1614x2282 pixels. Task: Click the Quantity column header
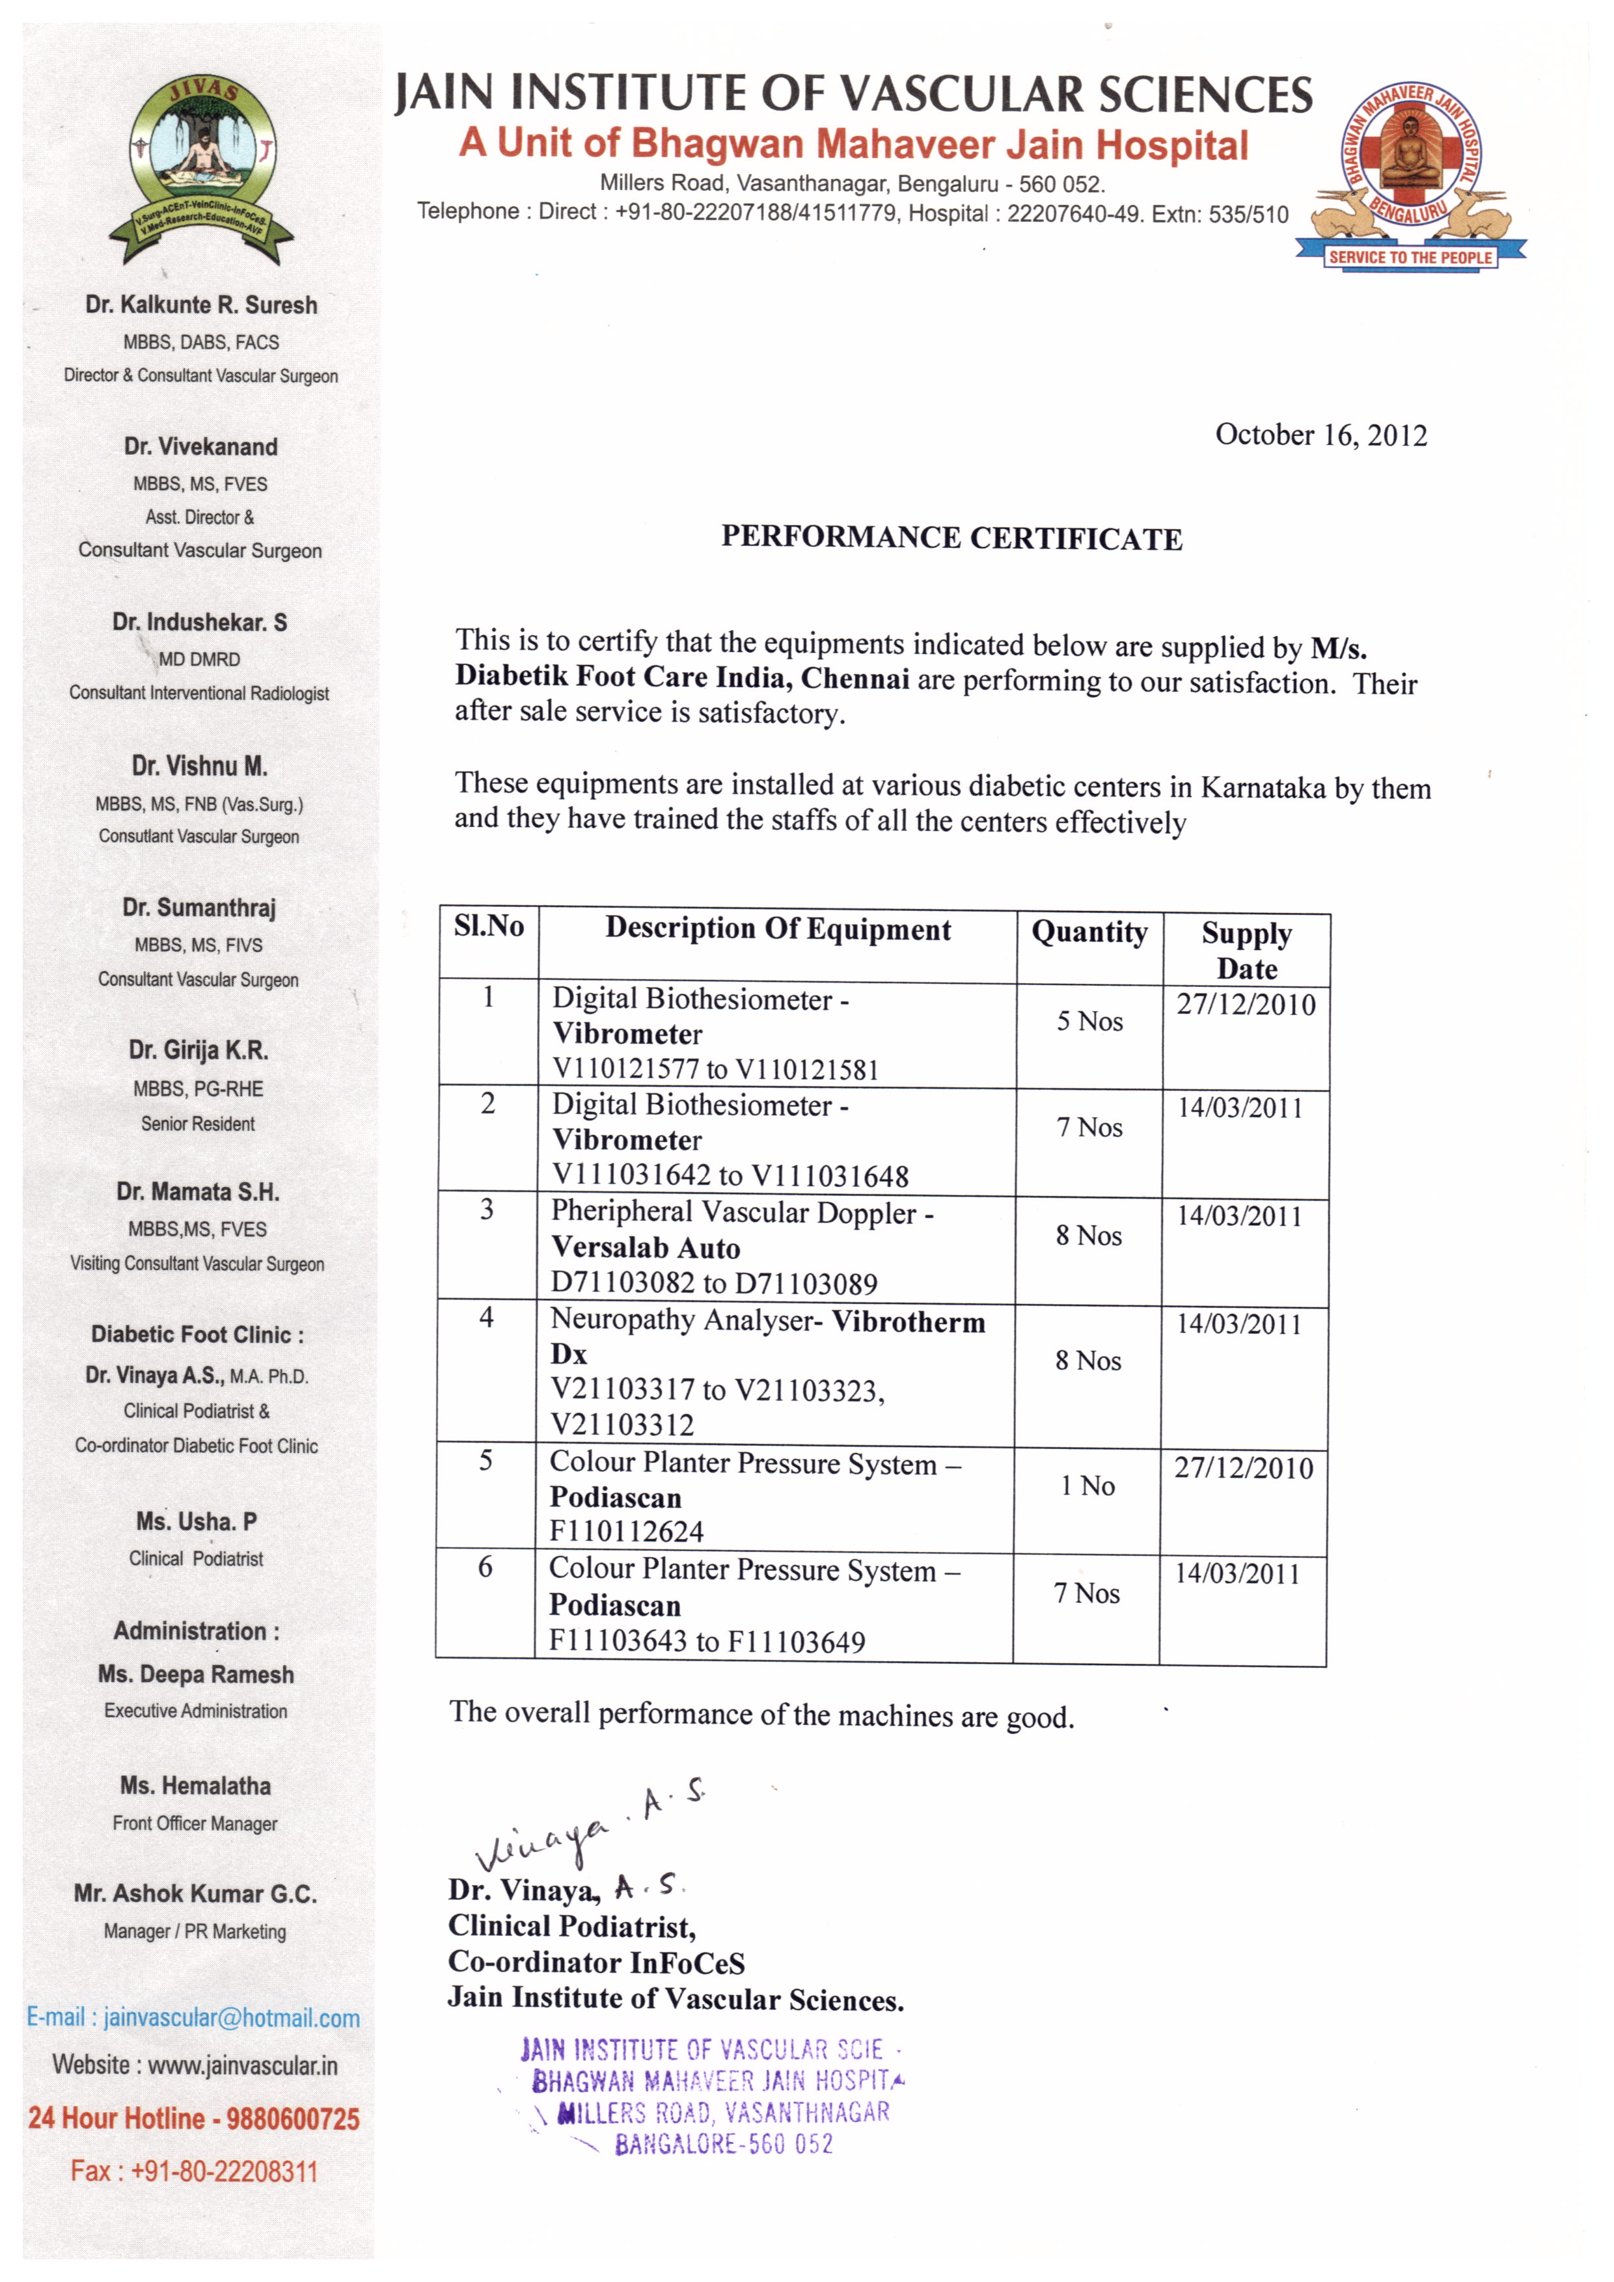pyautogui.click(x=1089, y=932)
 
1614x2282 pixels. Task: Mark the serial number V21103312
pyautogui.click(x=622, y=1424)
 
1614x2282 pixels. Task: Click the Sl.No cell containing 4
pyautogui.click(x=486, y=1318)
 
